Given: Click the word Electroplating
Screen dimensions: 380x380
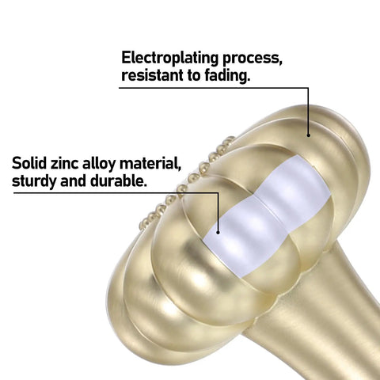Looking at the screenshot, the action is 169,59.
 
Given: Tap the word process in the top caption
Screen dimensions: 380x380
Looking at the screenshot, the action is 253,59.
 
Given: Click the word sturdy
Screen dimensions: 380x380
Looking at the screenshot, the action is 34,181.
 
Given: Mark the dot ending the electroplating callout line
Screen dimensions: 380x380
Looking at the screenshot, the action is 308,135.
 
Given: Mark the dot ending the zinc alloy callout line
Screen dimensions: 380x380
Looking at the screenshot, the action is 218,232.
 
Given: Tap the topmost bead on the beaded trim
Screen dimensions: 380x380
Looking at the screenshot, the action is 230,139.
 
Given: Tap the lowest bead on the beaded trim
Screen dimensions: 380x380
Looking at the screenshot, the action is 143,225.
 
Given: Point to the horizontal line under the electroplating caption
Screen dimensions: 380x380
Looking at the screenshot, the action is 214,88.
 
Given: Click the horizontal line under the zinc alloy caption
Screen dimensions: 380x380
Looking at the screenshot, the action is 116,193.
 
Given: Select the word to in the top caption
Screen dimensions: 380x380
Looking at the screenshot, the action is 194,75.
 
